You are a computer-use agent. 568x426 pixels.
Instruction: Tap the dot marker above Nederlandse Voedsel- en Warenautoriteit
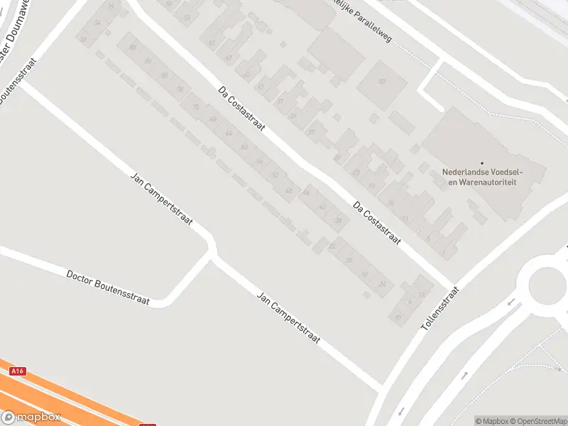point(481,163)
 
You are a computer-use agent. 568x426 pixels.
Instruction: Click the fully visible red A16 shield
point(18,371)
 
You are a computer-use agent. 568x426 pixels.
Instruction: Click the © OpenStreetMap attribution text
point(540,421)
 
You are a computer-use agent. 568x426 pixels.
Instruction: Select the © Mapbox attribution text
point(492,421)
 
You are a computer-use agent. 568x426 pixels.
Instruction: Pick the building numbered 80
point(381,81)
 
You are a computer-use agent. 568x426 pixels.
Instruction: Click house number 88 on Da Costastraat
point(133,48)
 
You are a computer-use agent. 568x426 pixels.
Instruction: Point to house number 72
point(196,106)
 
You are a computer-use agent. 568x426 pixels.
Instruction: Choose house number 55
point(187,17)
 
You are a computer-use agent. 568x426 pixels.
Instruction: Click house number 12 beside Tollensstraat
point(422,295)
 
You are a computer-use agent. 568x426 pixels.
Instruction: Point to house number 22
point(332,246)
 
